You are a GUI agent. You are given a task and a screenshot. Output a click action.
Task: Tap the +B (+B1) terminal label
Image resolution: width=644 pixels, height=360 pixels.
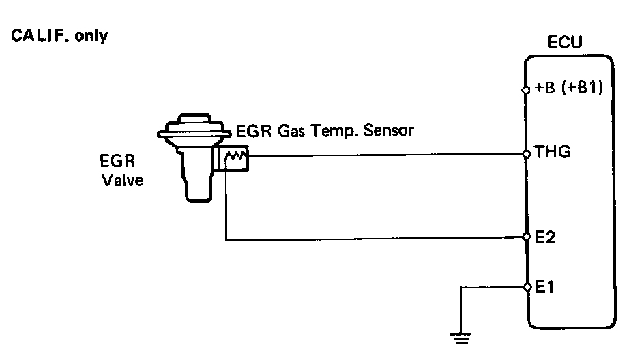coord(570,89)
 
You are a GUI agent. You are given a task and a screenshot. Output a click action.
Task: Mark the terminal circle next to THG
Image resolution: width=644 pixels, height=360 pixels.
coord(526,154)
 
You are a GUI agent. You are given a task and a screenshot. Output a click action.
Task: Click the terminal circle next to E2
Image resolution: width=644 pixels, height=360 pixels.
coord(526,237)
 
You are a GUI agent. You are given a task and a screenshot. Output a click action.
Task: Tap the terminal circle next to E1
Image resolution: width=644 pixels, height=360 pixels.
coord(526,287)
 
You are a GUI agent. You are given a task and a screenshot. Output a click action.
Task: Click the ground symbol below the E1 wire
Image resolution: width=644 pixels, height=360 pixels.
coord(462,335)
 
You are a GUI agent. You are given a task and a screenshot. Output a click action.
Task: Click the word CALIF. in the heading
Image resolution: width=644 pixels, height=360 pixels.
coord(35,35)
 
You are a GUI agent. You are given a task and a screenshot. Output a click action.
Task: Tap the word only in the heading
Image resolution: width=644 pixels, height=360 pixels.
coord(91,35)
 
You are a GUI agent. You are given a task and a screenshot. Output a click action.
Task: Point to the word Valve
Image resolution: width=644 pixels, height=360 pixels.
coord(122,181)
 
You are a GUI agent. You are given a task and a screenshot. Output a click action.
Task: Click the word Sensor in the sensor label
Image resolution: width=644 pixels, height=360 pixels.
coord(389,130)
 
